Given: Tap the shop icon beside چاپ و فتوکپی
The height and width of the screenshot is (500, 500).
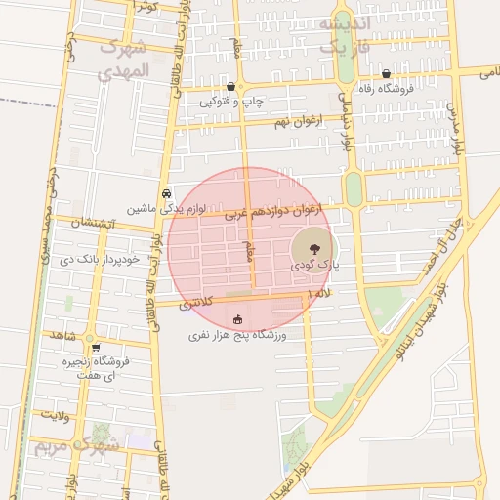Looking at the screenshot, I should [230, 87].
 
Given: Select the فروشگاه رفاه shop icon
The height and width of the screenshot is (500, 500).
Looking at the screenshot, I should [388, 74].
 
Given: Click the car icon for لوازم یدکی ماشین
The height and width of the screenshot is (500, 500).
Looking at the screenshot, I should [167, 193].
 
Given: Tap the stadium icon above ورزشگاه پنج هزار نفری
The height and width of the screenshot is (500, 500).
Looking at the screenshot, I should [238, 319].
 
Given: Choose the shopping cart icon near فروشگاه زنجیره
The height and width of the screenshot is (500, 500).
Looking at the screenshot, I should [95, 347].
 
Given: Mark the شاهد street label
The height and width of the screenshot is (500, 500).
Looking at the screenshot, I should [61, 335].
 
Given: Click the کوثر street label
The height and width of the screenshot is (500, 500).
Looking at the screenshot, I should [145, 8].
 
